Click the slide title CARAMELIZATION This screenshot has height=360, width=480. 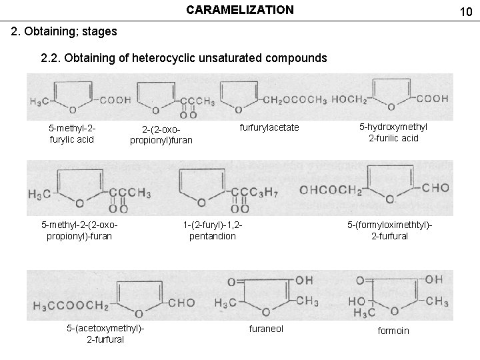pos(239,10)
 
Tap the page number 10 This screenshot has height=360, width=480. pos(467,11)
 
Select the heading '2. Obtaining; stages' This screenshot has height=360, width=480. pos(65,31)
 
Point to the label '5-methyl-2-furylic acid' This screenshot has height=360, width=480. pos(68,133)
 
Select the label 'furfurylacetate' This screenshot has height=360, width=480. pos(269,127)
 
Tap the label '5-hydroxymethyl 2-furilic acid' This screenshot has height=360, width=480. pos(393,133)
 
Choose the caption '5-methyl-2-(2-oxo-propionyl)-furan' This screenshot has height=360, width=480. pos(77,230)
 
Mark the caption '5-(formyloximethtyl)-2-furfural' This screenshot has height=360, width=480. pos(389,230)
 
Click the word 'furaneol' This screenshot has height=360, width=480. pos(266,329)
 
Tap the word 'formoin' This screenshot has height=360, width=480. pos(393,331)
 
